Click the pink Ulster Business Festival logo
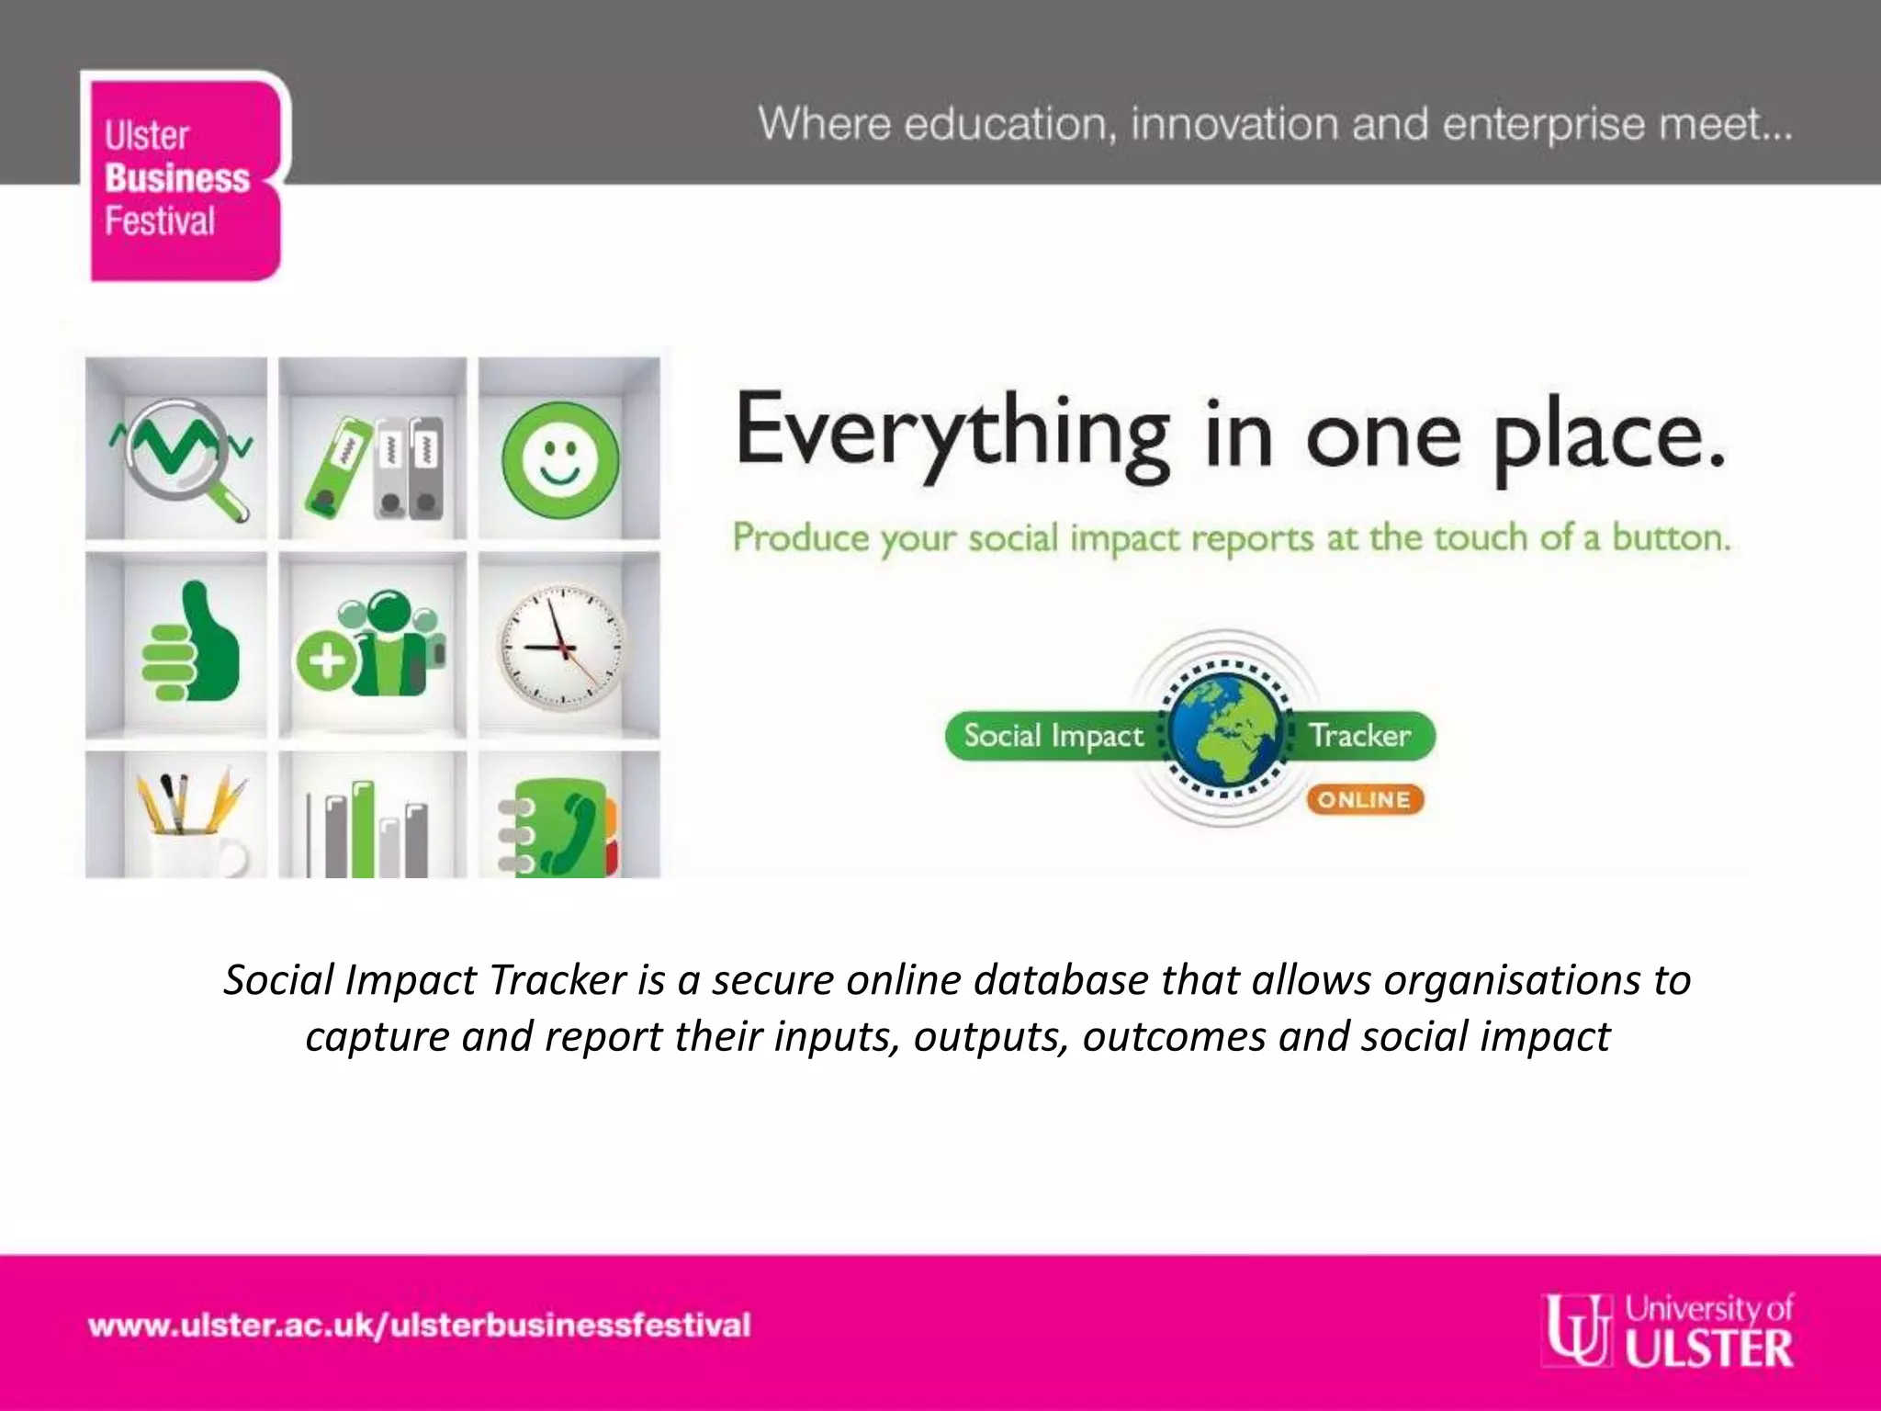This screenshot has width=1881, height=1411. [184, 176]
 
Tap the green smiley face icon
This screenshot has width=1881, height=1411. [560, 457]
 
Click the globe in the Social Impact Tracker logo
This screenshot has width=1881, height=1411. [1225, 728]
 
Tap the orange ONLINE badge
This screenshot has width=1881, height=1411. [1365, 800]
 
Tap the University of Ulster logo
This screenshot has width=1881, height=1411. [1667, 1329]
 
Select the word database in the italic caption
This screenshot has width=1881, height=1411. [1061, 980]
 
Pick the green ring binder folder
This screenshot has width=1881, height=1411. [338, 466]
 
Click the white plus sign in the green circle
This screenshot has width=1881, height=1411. [326, 660]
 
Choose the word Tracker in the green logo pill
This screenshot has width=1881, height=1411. [1359, 736]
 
